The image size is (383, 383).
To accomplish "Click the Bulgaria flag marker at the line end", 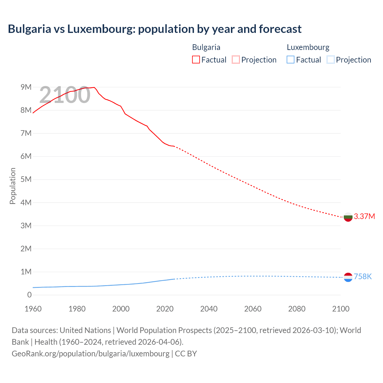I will pyautogui.click(x=348, y=217).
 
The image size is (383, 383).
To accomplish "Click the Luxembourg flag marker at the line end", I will pyautogui.click(x=348, y=277).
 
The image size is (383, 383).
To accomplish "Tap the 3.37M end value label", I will pyautogui.click(x=364, y=216).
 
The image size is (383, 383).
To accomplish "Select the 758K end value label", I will pyautogui.click(x=363, y=276).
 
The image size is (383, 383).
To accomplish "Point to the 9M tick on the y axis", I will pyautogui.click(x=26, y=87).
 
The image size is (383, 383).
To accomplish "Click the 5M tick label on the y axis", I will pyautogui.click(x=26, y=179).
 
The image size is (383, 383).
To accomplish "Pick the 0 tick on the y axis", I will pyautogui.click(x=29, y=295).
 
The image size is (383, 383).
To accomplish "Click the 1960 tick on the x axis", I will pyautogui.click(x=33, y=309).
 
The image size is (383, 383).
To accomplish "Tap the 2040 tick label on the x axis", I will pyautogui.click(x=209, y=309).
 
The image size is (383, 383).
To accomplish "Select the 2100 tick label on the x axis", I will pyautogui.click(x=341, y=309).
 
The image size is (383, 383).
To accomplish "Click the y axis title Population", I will pyautogui.click(x=13, y=186).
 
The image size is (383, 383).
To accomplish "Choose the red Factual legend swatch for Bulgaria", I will pyautogui.click(x=196, y=60).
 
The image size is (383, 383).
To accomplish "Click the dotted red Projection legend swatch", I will pyautogui.click(x=236, y=60).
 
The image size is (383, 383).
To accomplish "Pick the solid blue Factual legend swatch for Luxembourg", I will pyautogui.click(x=291, y=60).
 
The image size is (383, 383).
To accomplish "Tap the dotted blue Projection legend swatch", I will pyautogui.click(x=330, y=60).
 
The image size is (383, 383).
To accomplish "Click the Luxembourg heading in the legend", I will pyautogui.click(x=308, y=47).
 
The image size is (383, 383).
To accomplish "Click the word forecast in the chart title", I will pyautogui.click(x=280, y=29).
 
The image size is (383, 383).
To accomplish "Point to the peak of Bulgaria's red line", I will pyautogui.click(x=94, y=87).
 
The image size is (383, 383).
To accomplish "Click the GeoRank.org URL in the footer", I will pyautogui.click(x=90, y=353).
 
